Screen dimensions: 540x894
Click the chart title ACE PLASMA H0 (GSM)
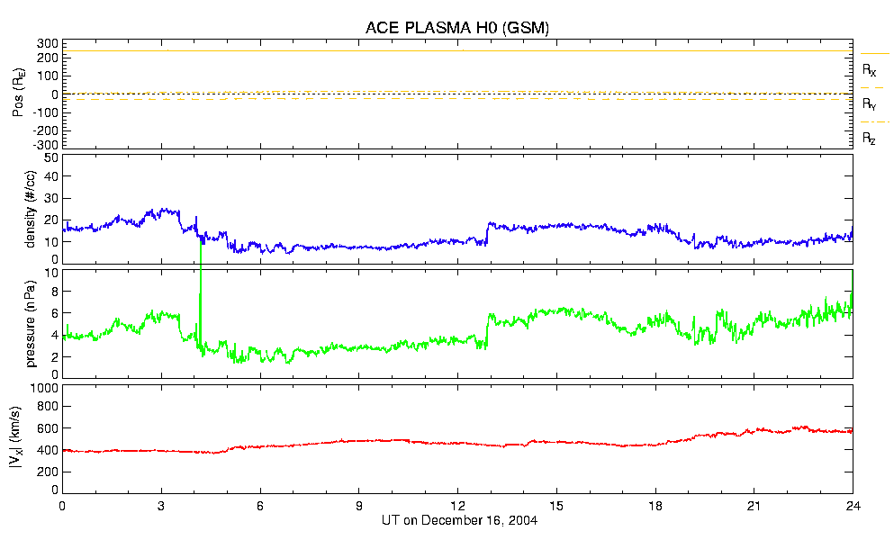coord(457,27)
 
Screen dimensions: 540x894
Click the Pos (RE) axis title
coord(18,94)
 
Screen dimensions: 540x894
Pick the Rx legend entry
coord(870,69)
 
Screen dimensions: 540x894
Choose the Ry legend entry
coord(870,103)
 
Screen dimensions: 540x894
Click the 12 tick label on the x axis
coord(457,506)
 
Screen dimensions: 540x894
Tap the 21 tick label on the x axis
coord(754,506)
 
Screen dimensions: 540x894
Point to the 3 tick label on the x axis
coord(161,506)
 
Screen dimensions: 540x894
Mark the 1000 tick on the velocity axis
coord(45,388)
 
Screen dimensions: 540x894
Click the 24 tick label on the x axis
coord(853,506)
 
